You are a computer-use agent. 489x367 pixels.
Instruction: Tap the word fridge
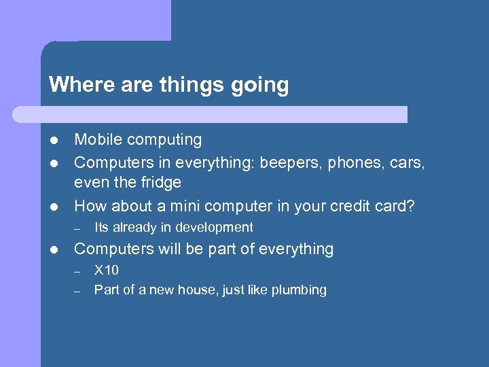[161, 183]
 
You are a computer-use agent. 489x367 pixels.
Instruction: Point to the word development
[214, 228]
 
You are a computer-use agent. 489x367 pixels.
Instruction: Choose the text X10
[107, 270]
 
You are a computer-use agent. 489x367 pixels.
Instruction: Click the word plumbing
[299, 291]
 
